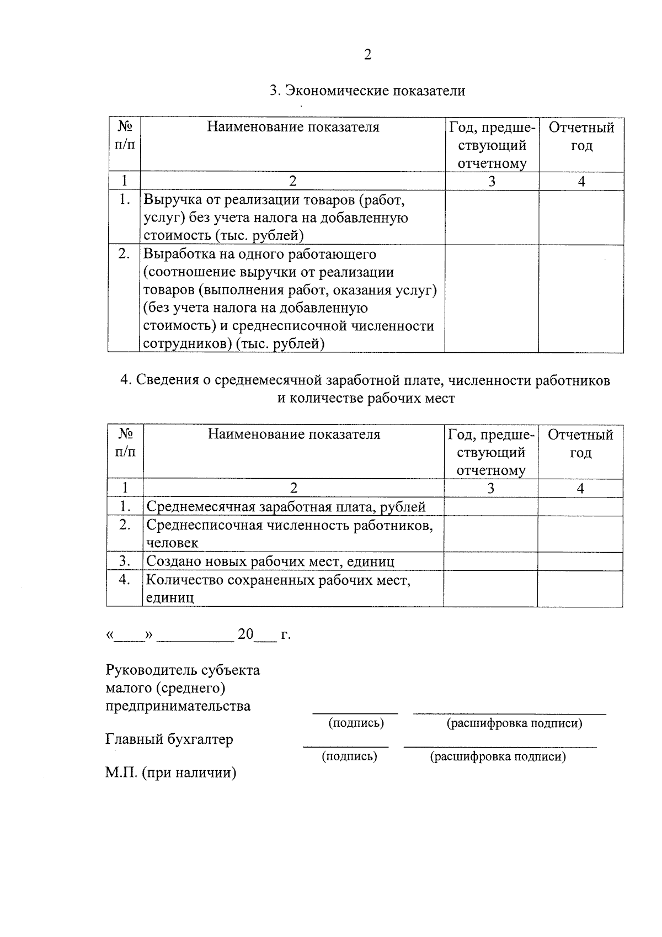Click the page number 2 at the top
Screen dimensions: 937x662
(x=367, y=55)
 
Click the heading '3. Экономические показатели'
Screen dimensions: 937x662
(x=367, y=91)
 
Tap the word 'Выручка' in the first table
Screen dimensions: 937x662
(x=168, y=199)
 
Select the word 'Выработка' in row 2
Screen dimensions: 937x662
(x=174, y=254)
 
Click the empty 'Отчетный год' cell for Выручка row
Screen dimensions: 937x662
(x=581, y=218)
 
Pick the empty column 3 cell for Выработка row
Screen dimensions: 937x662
(x=492, y=299)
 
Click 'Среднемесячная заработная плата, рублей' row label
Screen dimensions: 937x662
(x=286, y=507)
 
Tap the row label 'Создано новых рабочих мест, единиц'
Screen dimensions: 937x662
(x=270, y=562)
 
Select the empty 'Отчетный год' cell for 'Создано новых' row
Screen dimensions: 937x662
(x=580, y=562)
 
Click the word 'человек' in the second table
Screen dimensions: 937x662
(x=172, y=543)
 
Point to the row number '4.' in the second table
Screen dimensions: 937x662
(x=125, y=580)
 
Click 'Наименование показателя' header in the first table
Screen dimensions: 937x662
(x=293, y=128)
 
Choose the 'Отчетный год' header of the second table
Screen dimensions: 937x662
(x=580, y=443)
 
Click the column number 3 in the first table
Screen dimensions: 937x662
(x=492, y=181)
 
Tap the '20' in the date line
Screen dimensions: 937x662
(x=245, y=634)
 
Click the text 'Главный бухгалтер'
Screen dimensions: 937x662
(x=169, y=739)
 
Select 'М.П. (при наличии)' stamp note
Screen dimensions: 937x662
(x=171, y=773)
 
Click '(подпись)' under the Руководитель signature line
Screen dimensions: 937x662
(x=356, y=723)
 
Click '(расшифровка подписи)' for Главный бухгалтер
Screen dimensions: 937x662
(x=498, y=756)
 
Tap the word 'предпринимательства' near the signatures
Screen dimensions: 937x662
(x=178, y=706)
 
